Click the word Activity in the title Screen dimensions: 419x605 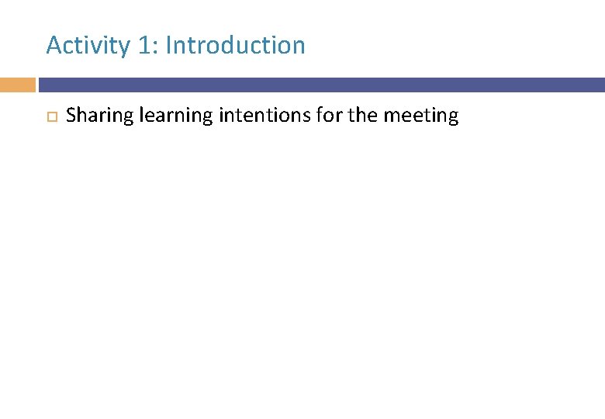coord(88,46)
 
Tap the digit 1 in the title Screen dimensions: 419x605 coord(145,46)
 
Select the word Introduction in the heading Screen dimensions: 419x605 coord(235,45)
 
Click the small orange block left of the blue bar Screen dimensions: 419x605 coord(17,85)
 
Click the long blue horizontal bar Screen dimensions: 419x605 coord(321,85)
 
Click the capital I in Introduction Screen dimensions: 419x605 coord(168,45)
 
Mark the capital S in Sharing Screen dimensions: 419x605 coord(72,116)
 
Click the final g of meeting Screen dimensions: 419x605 coord(453,119)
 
